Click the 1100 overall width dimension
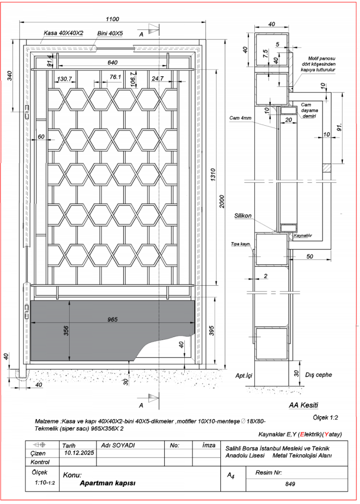112,19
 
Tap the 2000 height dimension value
222,201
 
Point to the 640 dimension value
112,62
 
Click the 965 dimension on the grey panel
112,319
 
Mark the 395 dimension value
211,330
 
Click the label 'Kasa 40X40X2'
63,33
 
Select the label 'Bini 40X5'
110,33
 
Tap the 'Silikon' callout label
242,216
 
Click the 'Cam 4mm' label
240,118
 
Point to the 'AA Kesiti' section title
303,405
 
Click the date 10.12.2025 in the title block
79,453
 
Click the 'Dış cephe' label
319,375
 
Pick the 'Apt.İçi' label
244,375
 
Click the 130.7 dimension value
64,79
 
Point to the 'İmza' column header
209,445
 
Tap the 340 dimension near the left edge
10,76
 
